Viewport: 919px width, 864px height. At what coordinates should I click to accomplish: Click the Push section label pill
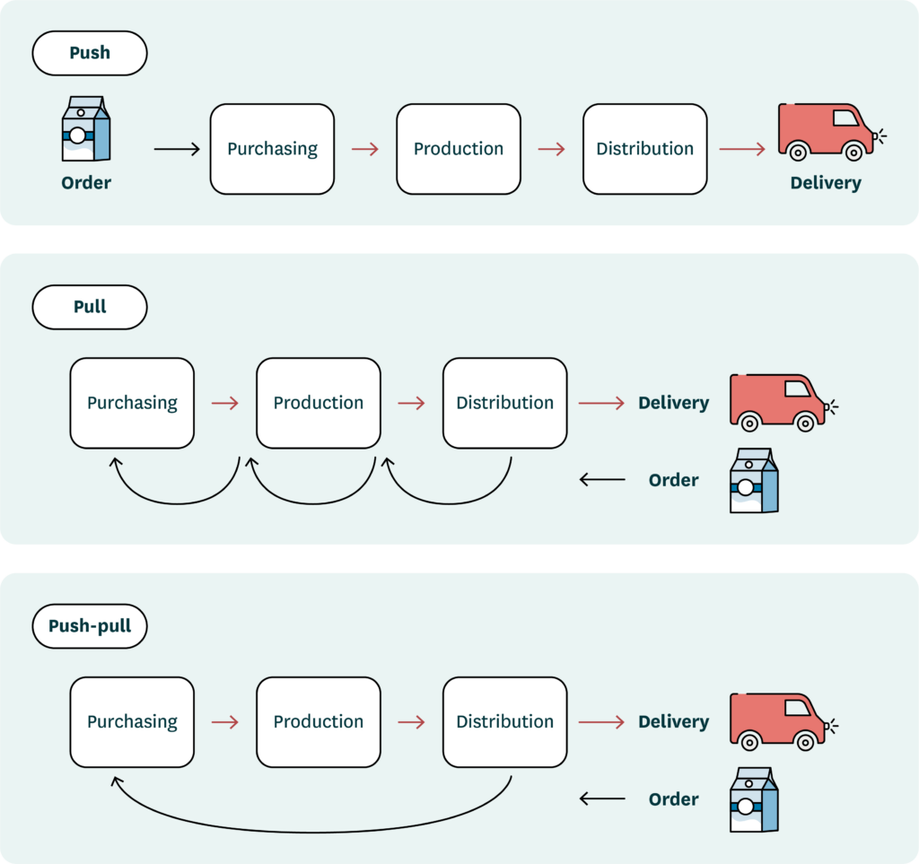tap(90, 53)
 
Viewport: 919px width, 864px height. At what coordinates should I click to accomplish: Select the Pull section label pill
tap(90, 307)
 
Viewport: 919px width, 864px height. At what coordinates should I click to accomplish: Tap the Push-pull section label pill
tap(90, 626)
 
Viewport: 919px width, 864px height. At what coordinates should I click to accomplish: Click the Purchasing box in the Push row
tap(272, 149)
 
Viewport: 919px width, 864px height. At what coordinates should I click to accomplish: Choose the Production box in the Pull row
tap(319, 403)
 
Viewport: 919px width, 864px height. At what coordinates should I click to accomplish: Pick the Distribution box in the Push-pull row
tap(504, 722)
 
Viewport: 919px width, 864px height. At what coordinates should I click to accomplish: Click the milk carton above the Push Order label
tap(86, 131)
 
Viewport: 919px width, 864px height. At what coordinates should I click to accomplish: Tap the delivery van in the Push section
tap(824, 131)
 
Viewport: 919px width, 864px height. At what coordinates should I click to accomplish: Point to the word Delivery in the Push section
tap(825, 183)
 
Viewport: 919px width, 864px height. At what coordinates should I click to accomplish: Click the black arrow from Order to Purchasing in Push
tap(177, 149)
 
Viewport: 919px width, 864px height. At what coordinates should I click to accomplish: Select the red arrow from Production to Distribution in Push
tap(551, 149)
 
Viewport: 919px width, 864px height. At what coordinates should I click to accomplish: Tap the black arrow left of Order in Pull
tap(602, 480)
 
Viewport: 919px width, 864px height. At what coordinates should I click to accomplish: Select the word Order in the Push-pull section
tap(673, 799)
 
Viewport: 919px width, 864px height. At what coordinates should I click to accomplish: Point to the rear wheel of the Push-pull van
tap(749, 741)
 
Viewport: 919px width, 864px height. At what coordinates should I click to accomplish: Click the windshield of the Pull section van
tap(797, 388)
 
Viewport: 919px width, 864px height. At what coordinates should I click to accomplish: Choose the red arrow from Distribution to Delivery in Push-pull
tap(601, 722)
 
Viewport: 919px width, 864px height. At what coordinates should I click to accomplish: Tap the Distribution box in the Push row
tap(644, 149)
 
